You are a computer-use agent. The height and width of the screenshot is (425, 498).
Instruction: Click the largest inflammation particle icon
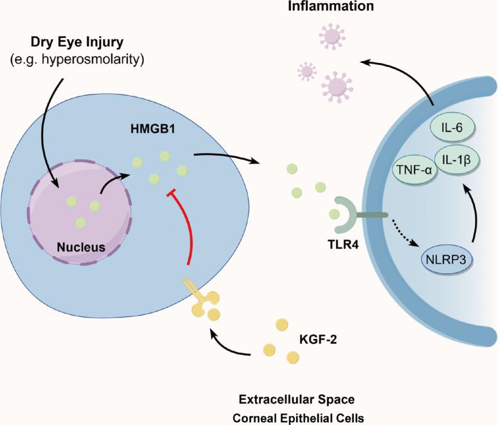(339, 84)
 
